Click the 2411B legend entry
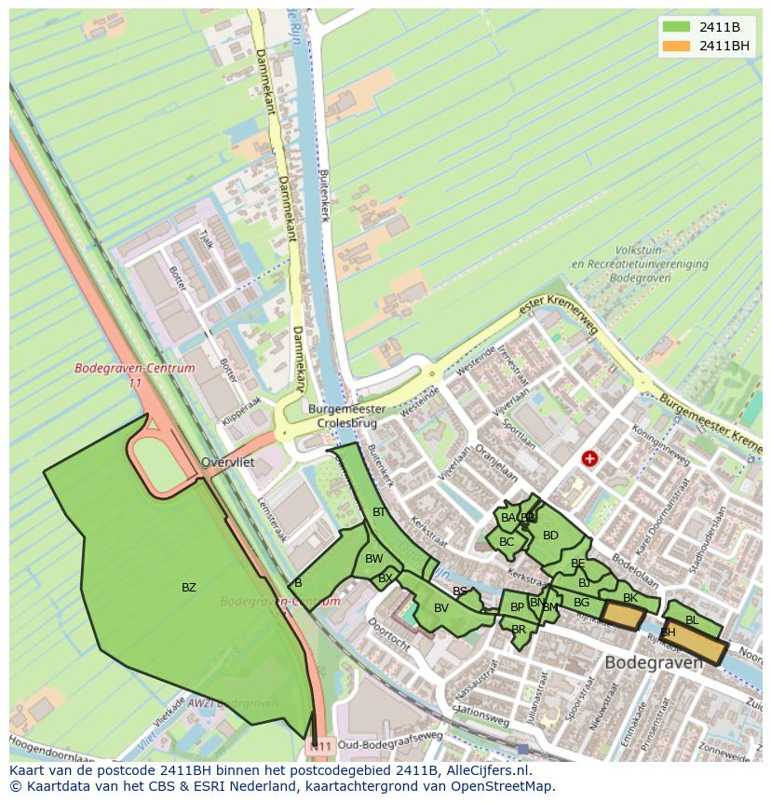pos(705,27)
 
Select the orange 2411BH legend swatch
pos(677,46)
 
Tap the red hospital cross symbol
pos(589,458)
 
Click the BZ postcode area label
pos(189,588)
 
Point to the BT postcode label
pos(379,512)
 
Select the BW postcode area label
pos(373,559)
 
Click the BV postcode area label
pos(441,608)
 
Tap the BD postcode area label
pos(550,536)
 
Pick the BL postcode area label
pos(692,620)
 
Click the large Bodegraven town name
pos(654,663)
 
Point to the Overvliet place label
pos(227,462)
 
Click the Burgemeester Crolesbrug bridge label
pos(347,415)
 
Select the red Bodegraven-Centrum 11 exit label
pos(135,374)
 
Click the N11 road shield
pos(321,746)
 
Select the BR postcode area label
pos(519,630)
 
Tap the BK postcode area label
pos(630,598)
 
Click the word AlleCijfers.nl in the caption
pos(485,771)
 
